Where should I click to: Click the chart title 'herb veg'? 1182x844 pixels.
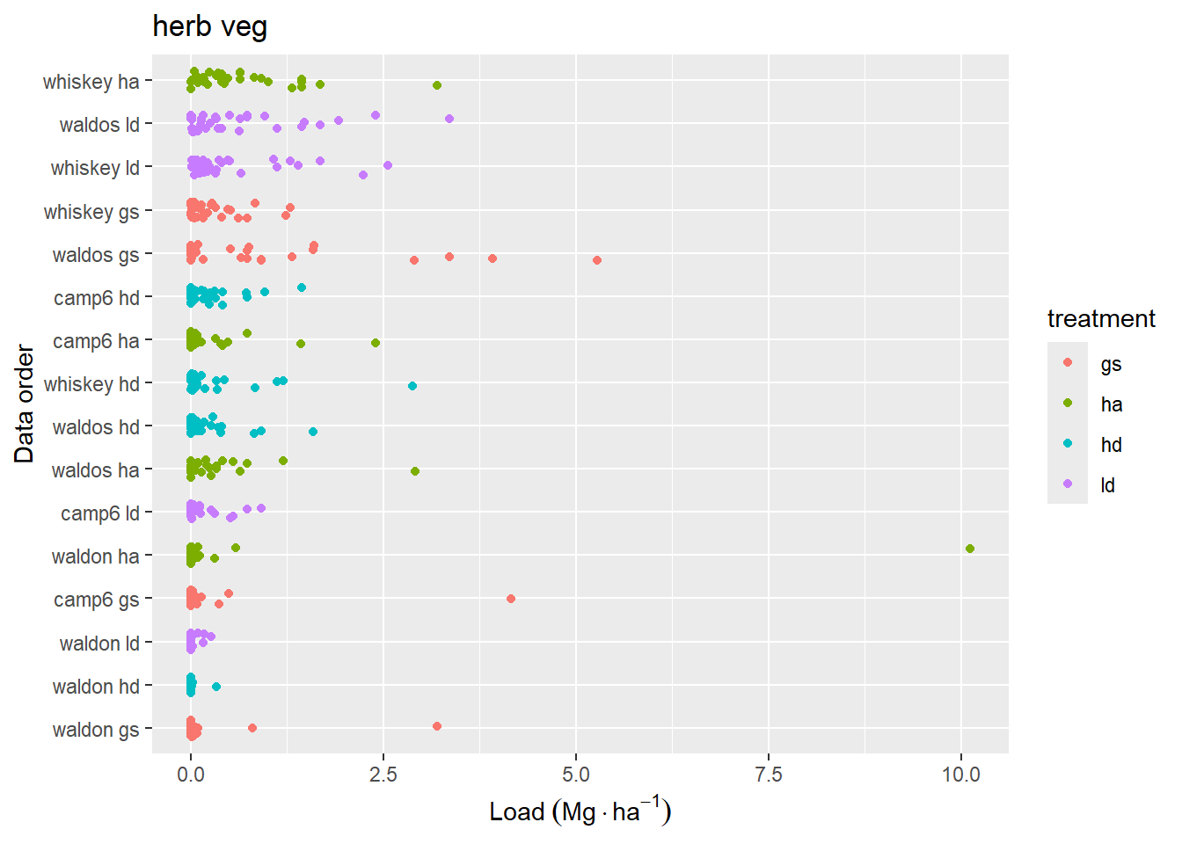click(209, 26)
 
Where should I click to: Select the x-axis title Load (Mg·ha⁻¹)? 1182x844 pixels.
click(580, 811)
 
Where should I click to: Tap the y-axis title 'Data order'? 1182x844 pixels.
click(25, 404)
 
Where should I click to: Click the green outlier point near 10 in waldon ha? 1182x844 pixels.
click(969, 549)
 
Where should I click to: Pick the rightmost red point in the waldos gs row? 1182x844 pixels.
click(597, 260)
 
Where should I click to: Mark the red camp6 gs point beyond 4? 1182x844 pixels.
click(511, 599)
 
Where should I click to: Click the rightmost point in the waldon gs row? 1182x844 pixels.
click(437, 726)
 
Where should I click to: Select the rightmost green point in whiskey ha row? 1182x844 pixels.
click(437, 85)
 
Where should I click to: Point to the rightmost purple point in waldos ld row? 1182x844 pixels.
click(449, 119)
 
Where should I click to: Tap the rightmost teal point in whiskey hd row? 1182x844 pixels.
click(412, 386)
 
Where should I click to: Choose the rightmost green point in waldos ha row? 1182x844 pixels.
click(415, 471)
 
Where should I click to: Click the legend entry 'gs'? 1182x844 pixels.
click(1111, 364)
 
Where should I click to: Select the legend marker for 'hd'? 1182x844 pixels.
click(1068, 444)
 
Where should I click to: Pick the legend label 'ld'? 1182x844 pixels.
click(1107, 485)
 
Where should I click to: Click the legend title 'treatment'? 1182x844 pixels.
click(1100, 318)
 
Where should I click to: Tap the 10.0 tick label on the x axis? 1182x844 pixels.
click(960, 775)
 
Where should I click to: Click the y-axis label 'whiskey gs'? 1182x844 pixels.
click(91, 212)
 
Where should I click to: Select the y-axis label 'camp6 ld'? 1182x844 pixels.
click(99, 513)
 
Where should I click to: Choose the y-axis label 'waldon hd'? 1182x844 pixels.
click(96, 687)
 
